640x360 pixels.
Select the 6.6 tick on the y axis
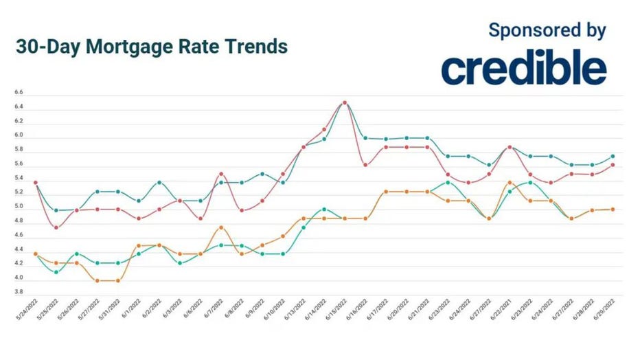click(x=18, y=92)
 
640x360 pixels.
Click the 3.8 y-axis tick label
click(x=18, y=292)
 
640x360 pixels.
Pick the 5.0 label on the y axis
click(x=18, y=206)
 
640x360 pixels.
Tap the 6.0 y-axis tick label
click(x=18, y=135)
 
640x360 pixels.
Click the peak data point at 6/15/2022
click(x=345, y=103)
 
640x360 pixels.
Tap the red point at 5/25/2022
click(x=56, y=227)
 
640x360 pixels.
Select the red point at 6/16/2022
click(x=365, y=165)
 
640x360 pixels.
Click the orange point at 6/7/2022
click(x=220, y=227)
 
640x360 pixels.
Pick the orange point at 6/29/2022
click(x=612, y=210)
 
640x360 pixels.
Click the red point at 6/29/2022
click(x=612, y=165)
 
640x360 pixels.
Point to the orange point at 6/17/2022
click(x=386, y=192)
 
